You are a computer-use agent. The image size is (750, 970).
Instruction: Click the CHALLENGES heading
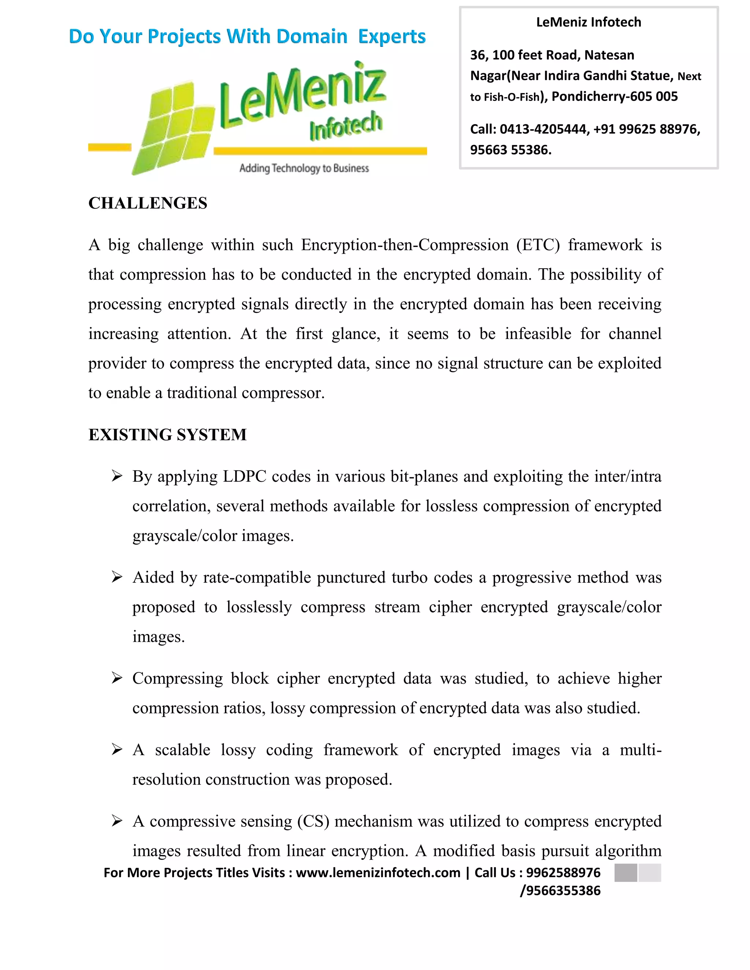pos(148,203)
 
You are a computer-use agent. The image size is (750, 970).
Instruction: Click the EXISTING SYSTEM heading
pos(167,434)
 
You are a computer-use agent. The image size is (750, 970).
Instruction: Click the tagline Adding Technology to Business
pos(304,168)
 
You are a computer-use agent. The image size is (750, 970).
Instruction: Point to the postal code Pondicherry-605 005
pos(615,96)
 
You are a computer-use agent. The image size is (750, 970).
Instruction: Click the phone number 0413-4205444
pos(543,129)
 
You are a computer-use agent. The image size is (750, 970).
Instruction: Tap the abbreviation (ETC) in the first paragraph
pos(538,245)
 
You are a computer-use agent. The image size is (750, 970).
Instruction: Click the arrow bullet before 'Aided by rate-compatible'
pos(117,577)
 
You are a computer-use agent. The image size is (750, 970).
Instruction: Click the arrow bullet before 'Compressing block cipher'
pos(117,678)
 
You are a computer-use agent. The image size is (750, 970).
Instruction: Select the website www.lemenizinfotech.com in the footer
pos(378,873)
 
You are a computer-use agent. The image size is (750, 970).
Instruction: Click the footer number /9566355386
pos(560,891)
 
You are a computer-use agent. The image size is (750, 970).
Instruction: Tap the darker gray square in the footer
pos(625,873)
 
